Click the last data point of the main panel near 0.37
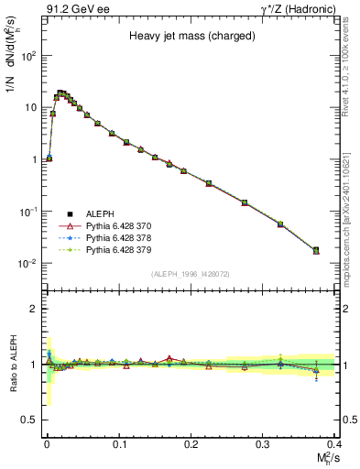pos(316,250)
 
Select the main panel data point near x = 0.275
pos(245,202)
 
